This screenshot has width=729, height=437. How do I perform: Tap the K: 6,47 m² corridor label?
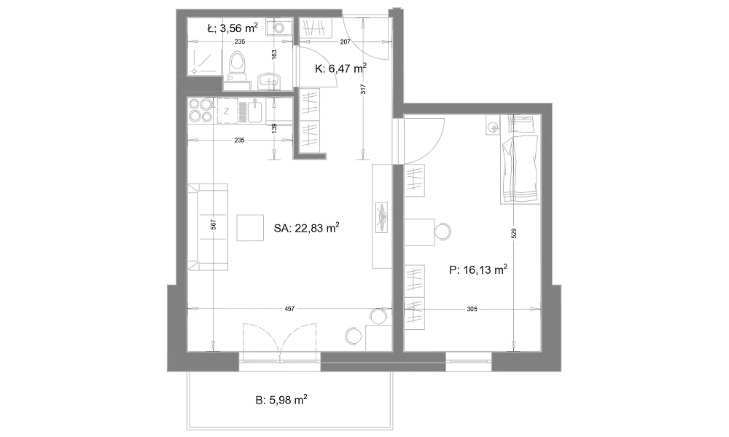(340, 68)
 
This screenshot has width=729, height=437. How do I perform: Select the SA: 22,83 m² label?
(306, 228)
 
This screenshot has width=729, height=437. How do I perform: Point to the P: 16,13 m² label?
(478, 269)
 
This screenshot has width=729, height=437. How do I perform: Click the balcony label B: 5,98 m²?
(281, 400)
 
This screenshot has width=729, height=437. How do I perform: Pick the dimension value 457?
(289, 308)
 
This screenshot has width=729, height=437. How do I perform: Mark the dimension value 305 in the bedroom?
(472, 309)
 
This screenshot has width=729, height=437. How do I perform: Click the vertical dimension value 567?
(213, 225)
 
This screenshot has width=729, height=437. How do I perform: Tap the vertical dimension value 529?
(514, 233)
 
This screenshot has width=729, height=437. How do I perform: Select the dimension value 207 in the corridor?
(345, 42)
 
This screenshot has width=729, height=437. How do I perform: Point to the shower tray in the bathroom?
(203, 62)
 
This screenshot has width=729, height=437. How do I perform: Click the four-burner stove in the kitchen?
(200, 111)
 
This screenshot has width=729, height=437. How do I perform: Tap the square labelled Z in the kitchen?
(227, 111)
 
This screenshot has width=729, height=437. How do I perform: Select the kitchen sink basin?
(255, 111)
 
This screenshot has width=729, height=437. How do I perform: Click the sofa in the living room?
(208, 227)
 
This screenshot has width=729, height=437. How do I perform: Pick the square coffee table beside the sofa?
(250, 227)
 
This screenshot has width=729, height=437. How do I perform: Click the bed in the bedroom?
(521, 160)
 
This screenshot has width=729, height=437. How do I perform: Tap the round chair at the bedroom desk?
(443, 232)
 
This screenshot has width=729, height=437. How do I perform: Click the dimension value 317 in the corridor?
(363, 89)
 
